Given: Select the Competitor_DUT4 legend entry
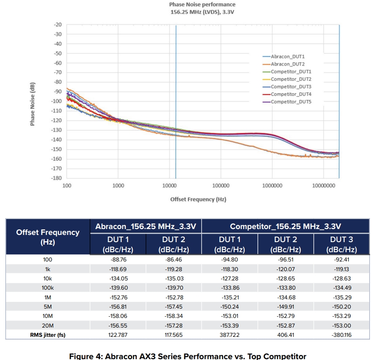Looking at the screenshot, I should [x=291, y=94].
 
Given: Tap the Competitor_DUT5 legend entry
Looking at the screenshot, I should [x=291, y=102].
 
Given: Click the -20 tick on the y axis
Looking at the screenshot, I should [x=58, y=24].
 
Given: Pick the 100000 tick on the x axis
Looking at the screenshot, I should [x=220, y=186].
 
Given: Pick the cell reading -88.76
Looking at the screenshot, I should [x=118, y=260].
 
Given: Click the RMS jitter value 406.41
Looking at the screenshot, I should [x=285, y=335].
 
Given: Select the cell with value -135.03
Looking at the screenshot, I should [x=174, y=279].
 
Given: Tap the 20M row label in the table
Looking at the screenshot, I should [x=48, y=326].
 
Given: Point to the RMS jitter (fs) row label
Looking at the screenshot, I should [x=48, y=335].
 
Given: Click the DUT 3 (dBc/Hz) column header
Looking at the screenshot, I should [x=341, y=244].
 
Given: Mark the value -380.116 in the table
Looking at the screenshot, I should [x=341, y=335].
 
